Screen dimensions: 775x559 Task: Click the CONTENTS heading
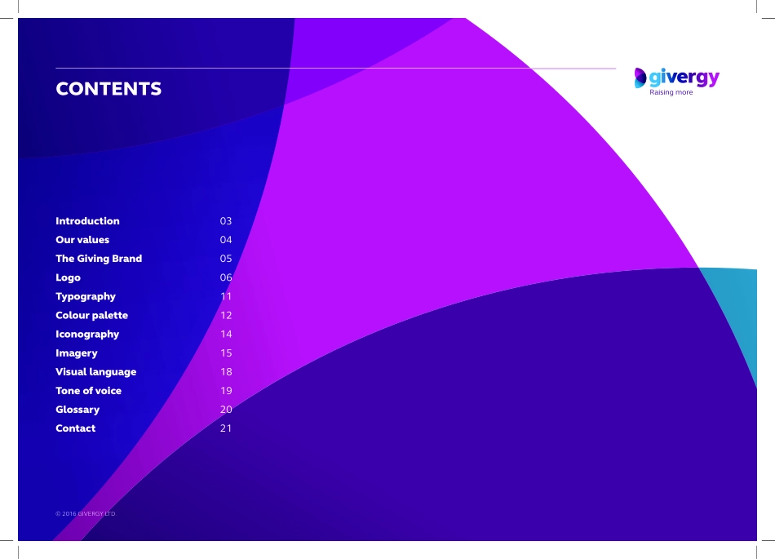[x=108, y=89]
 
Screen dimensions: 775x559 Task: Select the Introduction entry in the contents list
[x=87, y=221]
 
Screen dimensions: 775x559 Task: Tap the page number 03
[x=226, y=221]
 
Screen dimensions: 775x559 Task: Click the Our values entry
[x=82, y=240]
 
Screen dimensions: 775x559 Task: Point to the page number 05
[x=226, y=259]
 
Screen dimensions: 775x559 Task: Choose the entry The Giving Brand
[x=99, y=259]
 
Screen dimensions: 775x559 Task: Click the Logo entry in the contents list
[x=69, y=277]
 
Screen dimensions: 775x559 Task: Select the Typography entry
[x=86, y=296]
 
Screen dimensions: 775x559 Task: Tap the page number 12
[x=226, y=315]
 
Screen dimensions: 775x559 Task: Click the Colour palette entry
[x=92, y=315]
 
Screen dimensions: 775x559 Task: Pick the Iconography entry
[x=87, y=335]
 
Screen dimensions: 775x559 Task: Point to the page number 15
[x=226, y=353]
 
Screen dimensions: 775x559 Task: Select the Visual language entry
[x=96, y=372]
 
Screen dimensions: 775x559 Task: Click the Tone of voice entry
[x=88, y=390]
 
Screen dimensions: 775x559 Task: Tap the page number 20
[x=226, y=409]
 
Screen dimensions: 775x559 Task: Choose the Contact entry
[x=76, y=428]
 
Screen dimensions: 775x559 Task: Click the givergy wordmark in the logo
[x=684, y=78]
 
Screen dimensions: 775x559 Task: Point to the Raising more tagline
[x=671, y=92]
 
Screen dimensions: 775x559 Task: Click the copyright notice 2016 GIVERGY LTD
[x=86, y=514]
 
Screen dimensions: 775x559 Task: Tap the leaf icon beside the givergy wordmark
[x=640, y=78]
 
